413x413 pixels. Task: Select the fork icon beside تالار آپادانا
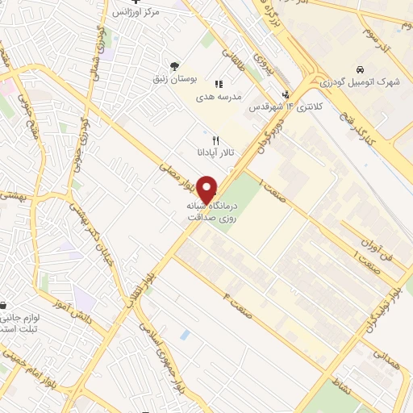tap(216, 140)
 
